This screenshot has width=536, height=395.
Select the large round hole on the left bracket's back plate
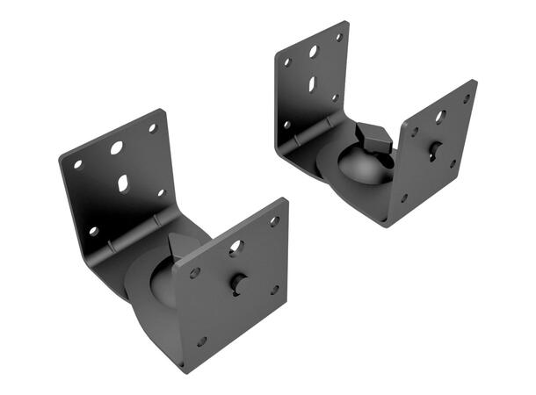click(x=117, y=147)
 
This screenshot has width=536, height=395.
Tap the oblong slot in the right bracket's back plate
click(x=312, y=84)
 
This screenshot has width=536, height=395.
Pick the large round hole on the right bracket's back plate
click(x=313, y=52)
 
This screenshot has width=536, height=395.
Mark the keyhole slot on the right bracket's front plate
click(x=435, y=150)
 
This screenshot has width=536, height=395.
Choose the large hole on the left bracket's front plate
click(x=235, y=248)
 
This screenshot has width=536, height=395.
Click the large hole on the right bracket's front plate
click(x=440, y=116)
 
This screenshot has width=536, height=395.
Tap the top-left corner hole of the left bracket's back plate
click(x=77, y=164)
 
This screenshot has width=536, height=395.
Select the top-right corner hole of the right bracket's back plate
click(x=339, y=38)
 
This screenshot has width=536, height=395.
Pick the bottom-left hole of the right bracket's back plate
click(x=286, y=126)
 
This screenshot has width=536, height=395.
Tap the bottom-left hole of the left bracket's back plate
click(x=93, y=231)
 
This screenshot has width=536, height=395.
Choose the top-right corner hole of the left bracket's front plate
click(x=274, y=221)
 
